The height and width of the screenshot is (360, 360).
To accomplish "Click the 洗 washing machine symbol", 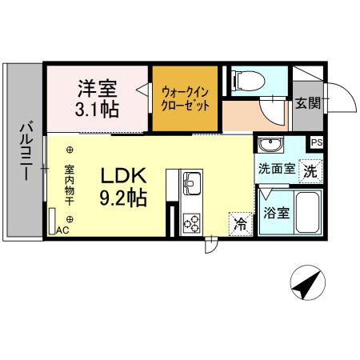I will [x=311, y=170].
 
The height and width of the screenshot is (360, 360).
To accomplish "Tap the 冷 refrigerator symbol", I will [x=240, y=223].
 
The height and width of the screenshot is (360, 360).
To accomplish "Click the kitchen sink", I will [x=193, y=185].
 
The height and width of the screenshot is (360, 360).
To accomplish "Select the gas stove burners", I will [x=193, y=222].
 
